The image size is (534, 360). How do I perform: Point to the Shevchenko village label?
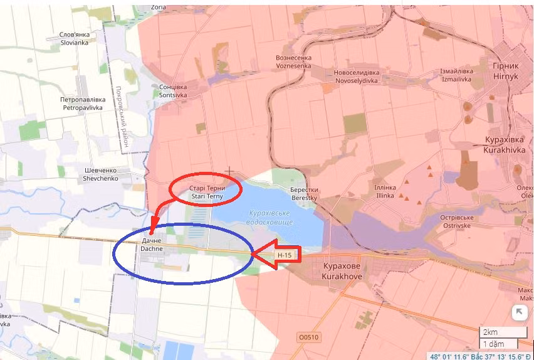pyautogui.click(x=101, y=174)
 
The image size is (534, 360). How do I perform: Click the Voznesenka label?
pyautogui.click(x=293, y=61)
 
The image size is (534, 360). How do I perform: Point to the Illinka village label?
pyautogui.click(x=385, y=191)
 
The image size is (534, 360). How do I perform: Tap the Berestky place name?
pyautogui.click(x=304, y=194)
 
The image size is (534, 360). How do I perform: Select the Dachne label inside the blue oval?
pyautogui.click(x=152, y=245)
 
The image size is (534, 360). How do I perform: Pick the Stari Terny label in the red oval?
pyautogui.click(x=206, y=192)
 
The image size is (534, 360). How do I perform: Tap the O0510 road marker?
pyautogui.click(x=308, y=337)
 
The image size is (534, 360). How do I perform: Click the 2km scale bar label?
pyautogui.click(x=490, y=332)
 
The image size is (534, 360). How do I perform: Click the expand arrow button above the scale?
pyautogui.click(x=519, y=312)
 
